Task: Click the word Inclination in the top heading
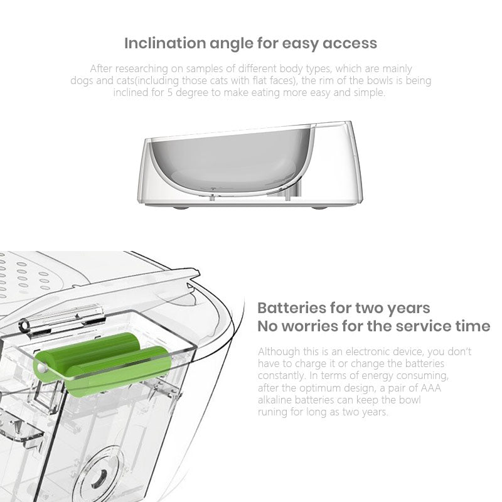(164, 43)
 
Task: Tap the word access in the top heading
(350, 43)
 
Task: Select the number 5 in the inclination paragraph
(170, 92)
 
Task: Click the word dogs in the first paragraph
(82, 80)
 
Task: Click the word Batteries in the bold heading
(292, 308)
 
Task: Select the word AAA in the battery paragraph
(430, 388)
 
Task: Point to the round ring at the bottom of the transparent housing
(101, 474)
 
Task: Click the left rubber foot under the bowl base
(181, 207)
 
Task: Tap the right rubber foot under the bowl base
(319, 207)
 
